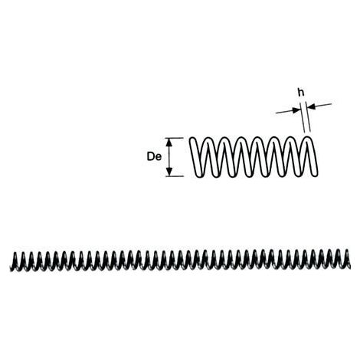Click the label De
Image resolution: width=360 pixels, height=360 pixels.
154,156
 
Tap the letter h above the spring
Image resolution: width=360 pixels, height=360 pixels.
302,93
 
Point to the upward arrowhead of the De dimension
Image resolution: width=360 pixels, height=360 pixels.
169,142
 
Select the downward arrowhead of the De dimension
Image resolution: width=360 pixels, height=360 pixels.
169,172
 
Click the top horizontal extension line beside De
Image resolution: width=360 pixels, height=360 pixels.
175,138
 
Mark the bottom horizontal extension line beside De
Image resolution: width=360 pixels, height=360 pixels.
175,176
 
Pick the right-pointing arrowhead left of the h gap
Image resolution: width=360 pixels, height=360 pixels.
296,110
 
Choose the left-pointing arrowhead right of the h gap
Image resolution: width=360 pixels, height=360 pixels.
310,106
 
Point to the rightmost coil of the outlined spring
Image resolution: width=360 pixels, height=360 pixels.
312,156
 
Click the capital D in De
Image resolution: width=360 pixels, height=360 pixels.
151,156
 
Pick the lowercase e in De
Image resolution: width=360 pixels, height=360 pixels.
159,158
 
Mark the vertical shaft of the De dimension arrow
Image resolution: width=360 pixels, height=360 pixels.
169,157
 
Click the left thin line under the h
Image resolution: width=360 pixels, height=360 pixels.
303,117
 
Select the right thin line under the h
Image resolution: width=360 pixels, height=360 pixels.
308,117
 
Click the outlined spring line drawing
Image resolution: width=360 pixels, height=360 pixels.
254,157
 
